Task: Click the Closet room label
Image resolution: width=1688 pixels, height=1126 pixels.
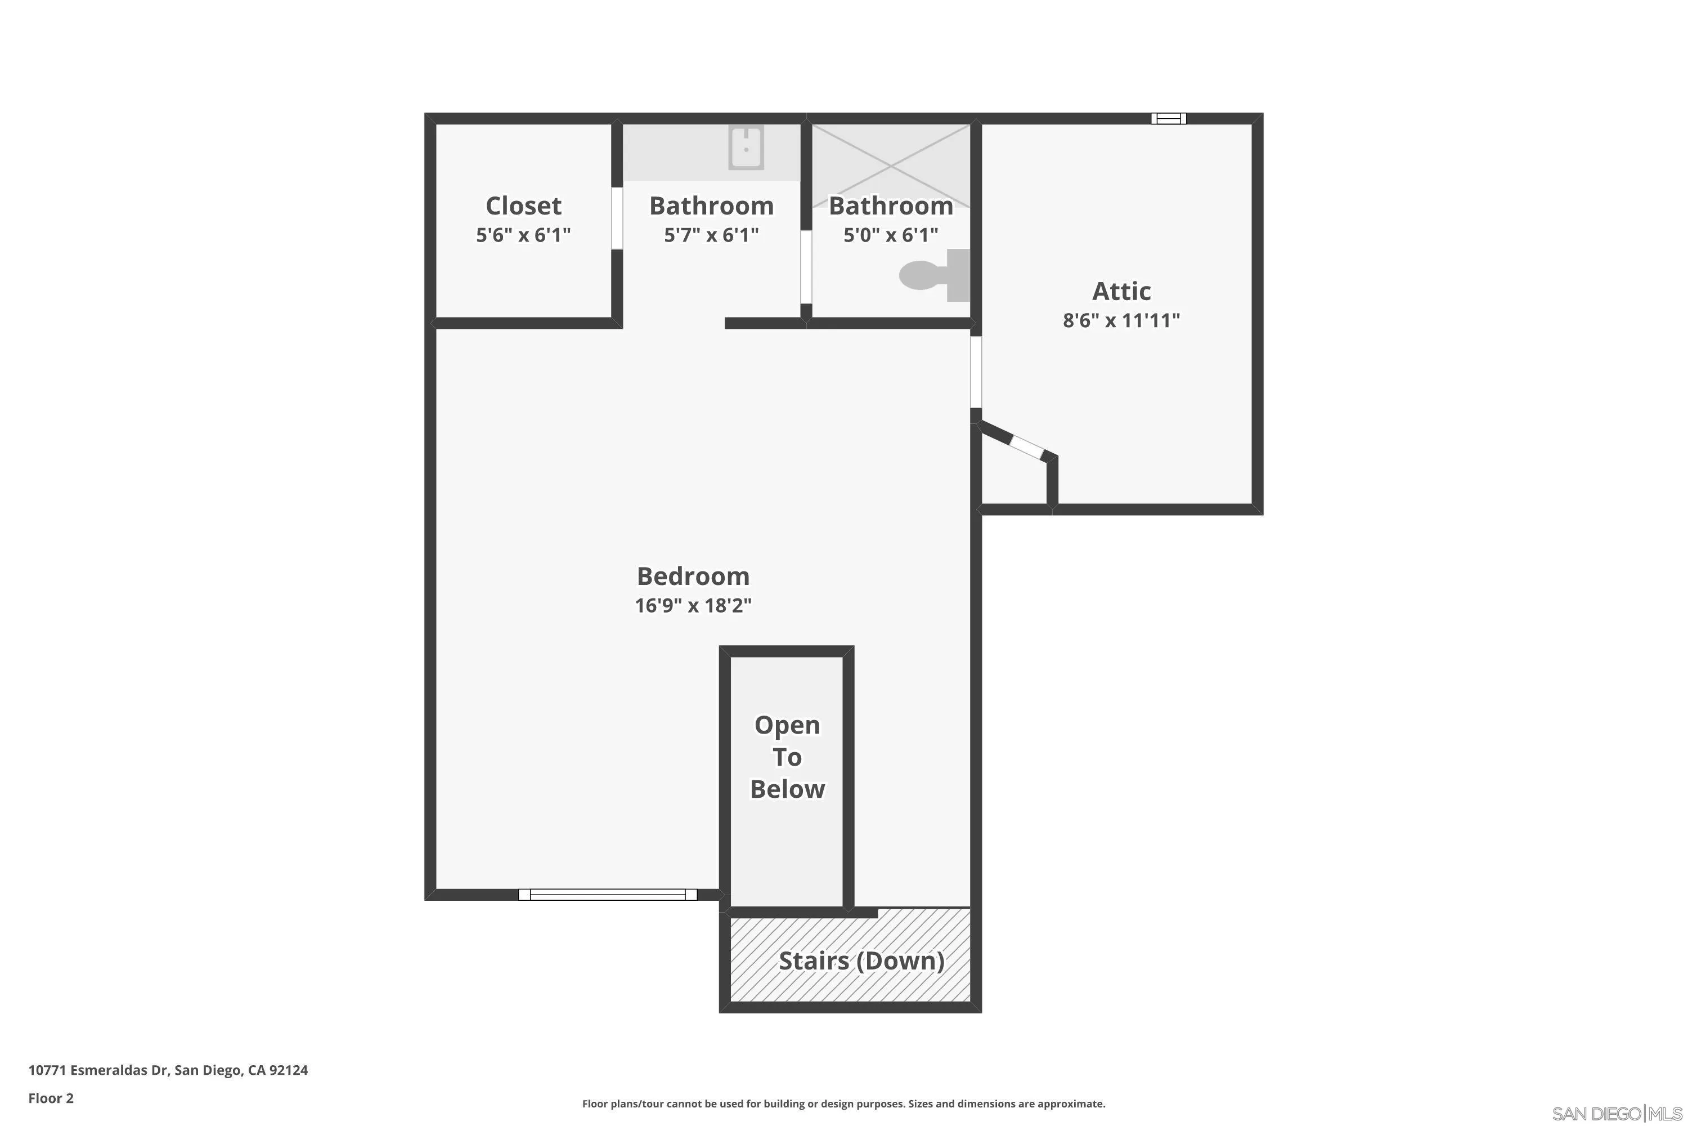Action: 523,206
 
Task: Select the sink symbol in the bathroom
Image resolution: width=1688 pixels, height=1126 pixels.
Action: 746,148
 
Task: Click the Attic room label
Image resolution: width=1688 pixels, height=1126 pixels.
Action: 1121,291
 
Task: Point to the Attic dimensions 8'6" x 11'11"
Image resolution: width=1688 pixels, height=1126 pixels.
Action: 1121,320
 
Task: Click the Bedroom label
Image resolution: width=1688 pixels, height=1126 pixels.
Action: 693,576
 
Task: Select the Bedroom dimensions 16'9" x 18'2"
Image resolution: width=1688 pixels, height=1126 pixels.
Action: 693,605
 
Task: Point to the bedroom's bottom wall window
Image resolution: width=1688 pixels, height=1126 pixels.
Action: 607,894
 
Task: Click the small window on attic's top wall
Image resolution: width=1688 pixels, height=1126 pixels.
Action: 1169,118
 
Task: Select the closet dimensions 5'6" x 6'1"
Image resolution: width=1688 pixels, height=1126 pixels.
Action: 523,235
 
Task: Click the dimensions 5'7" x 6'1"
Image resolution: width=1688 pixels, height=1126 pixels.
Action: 711,235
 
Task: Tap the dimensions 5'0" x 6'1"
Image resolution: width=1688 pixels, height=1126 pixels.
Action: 890,235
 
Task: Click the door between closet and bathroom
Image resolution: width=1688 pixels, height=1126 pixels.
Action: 617,218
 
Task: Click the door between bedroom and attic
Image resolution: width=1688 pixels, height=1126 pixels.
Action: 975,372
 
